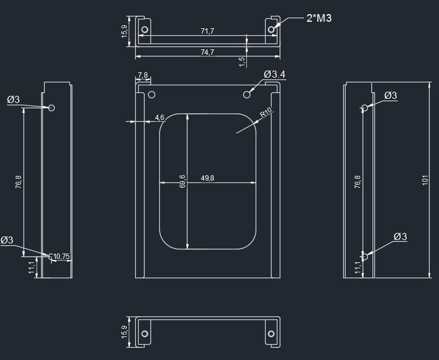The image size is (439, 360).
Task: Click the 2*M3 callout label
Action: point(319,18)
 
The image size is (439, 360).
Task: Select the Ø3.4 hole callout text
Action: point(274,75)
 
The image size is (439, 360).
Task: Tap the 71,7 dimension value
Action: point(207,31)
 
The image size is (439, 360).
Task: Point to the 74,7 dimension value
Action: point(207,52)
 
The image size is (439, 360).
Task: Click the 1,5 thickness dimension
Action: point(242,62)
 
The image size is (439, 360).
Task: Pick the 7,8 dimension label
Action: point(143,75)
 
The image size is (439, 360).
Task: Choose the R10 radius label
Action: point(266,112)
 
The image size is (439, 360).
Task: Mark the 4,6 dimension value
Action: point(160,118)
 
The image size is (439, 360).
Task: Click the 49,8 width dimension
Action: point(207,178)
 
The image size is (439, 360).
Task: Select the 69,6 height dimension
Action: point(182,182)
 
